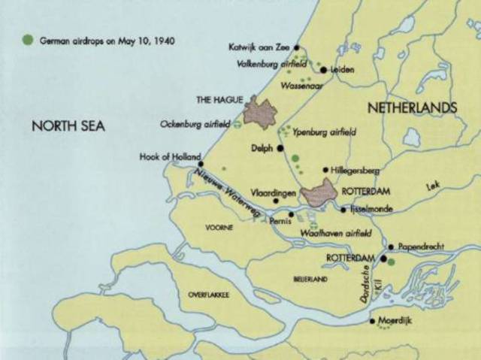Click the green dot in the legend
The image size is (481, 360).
click(x=28, y=40)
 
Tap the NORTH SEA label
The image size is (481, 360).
click(x=68, y=126)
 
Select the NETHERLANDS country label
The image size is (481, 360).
click(x=412, y=109)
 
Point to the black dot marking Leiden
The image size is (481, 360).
click(x=323, y=70)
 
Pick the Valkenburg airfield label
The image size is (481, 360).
click(x=267, y=64)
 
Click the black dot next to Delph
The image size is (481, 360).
click(x=280, y=149)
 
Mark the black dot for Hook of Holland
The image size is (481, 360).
click(x=201, y=163)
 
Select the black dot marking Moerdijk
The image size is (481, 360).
click(x=373, y=321)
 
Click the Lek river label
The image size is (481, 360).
click(x=431, y=185)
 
